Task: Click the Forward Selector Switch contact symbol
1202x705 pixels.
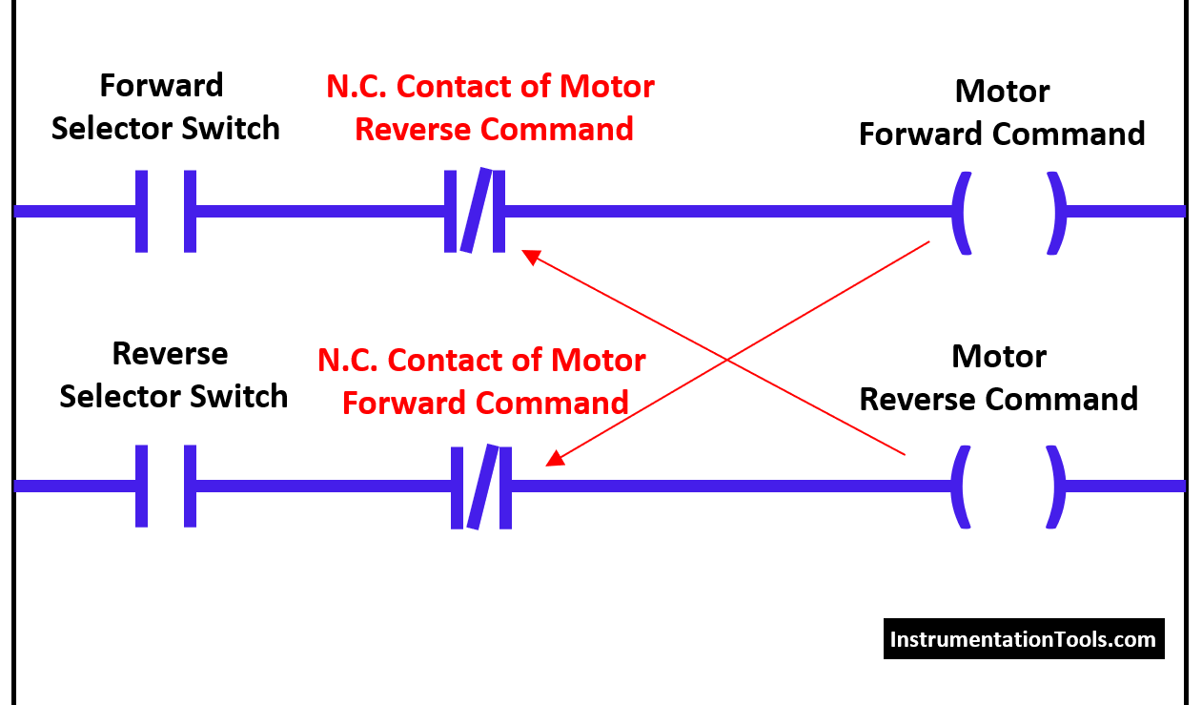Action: coord(166,211)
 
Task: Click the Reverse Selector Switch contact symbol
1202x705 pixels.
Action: coord(166,486)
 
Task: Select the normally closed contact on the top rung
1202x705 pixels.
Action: coord(475,211)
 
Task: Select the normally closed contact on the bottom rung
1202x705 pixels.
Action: coord(481,486)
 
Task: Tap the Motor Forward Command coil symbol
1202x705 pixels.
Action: coord(1008,212)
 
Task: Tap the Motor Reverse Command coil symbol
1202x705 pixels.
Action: coord(1008,487)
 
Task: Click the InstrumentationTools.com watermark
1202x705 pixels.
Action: coord(1023,639)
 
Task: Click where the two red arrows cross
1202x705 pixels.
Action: coord(726,360)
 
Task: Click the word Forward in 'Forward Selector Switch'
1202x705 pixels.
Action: coord(161,86)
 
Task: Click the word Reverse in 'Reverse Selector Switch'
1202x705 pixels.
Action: coord(170,354)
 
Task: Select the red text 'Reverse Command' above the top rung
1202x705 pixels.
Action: coord(494,130)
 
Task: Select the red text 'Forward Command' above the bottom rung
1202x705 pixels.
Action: coord(485,403)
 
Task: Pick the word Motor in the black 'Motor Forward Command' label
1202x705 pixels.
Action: coord(1002,92)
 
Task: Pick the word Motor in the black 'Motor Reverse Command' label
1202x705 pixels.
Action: coord(998,357)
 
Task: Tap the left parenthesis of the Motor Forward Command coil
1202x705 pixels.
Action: coord(961,212)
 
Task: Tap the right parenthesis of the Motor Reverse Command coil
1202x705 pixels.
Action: coord(1056,487)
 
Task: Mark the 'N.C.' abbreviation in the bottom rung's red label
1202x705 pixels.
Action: coord(348,361)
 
